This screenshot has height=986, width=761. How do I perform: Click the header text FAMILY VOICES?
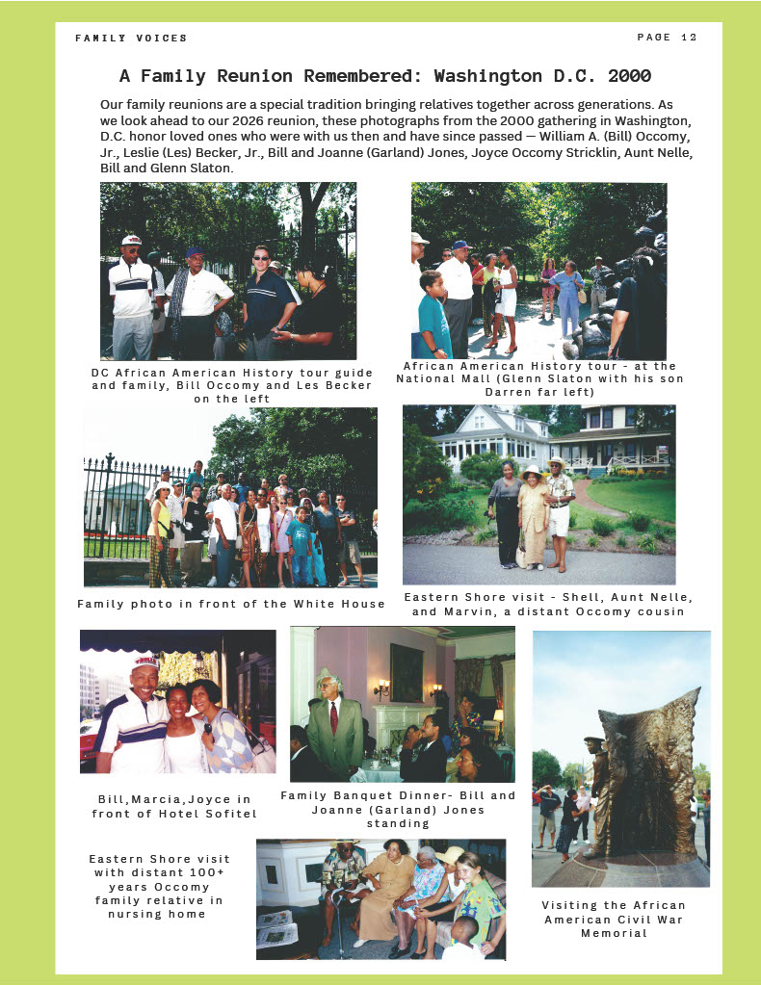[x=131, y=39]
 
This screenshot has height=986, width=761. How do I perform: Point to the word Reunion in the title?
[x=243, y=75]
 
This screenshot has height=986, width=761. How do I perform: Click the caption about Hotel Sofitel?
[x=175, y=806]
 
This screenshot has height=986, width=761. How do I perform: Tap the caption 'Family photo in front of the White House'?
[x=231, y=604]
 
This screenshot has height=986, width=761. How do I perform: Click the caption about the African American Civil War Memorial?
[x=614, y=919]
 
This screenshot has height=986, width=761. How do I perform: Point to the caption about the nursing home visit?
[x=160, y=886]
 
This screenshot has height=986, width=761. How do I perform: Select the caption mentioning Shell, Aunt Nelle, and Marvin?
[x=548, y=604]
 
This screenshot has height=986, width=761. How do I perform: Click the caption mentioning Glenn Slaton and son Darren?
[x=539, y=378]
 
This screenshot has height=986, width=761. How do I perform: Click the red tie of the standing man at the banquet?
[x=333, y=717]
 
